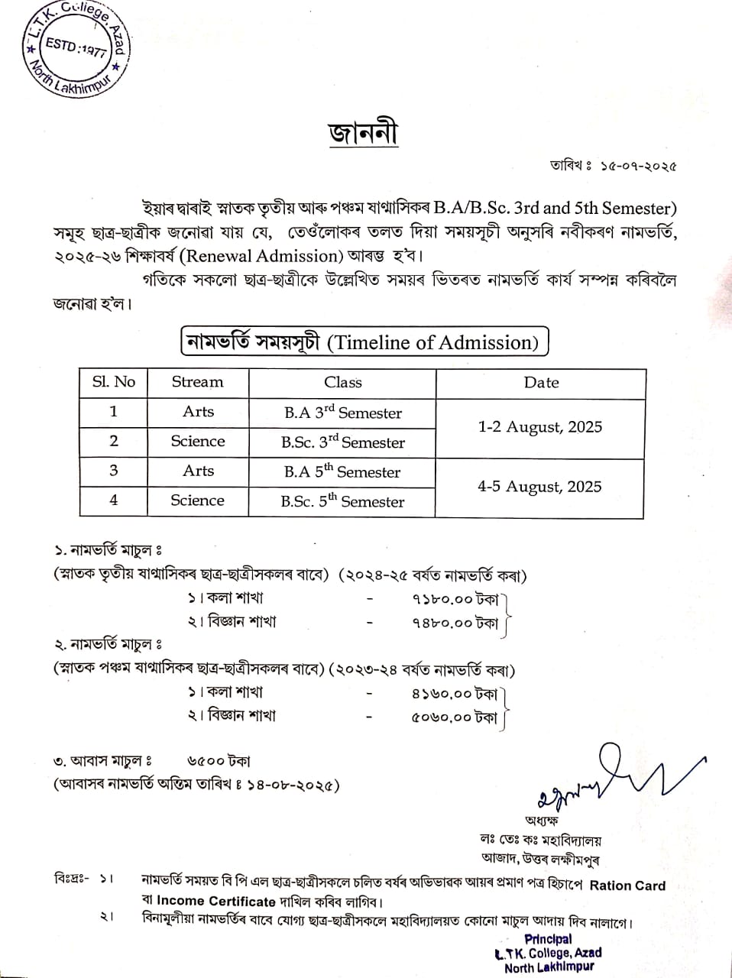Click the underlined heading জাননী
364,134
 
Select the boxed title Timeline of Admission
364,342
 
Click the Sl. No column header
113,382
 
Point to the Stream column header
197,382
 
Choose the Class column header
342,382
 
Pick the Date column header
541,382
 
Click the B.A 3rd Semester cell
342,413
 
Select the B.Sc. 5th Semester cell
342,501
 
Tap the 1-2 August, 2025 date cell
540,427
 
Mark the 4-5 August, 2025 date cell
539,487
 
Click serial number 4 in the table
113,500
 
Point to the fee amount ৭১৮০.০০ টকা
455,600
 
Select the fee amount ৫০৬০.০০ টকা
454,717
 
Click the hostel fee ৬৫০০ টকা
219,761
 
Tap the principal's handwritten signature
611,776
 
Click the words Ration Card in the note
627,886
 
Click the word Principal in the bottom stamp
548,939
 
